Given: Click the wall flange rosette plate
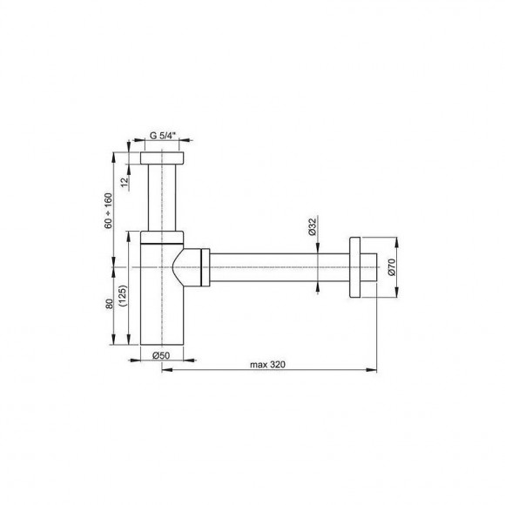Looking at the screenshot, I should tap(354, 267).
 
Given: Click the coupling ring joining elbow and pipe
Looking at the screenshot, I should tap(205, 267).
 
